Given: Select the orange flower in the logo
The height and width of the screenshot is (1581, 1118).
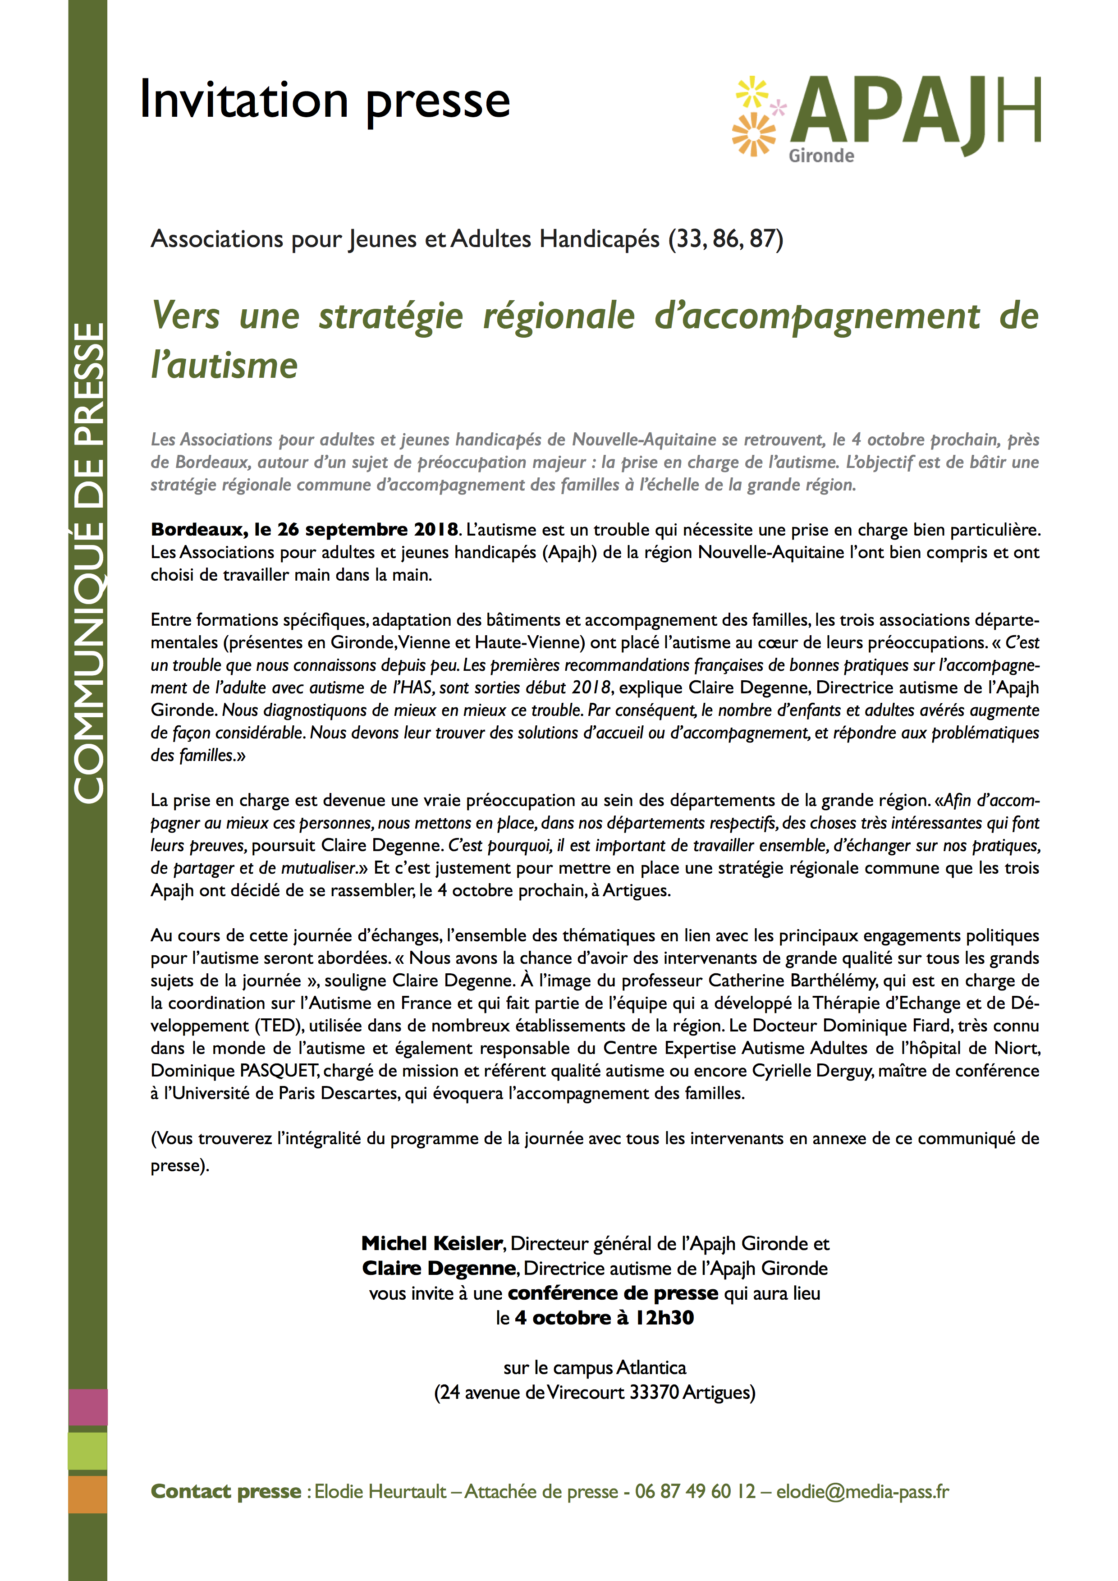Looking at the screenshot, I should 753,133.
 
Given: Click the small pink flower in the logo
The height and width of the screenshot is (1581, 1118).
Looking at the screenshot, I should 778,107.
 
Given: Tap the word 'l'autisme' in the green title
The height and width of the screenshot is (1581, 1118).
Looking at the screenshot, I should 225,366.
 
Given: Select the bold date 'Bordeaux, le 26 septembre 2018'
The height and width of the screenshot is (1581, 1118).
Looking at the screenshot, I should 304,530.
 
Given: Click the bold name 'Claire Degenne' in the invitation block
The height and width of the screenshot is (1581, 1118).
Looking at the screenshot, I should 439,1269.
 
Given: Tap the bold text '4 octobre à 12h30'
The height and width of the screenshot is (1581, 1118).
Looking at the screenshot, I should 604,1318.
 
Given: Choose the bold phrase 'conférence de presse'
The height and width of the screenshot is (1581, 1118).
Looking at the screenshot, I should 613,1293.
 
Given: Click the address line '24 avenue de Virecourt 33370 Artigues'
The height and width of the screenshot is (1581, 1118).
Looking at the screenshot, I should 595,1392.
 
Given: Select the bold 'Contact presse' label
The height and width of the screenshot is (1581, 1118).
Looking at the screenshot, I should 226,1491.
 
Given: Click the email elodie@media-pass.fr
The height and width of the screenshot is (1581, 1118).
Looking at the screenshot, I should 862,1491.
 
